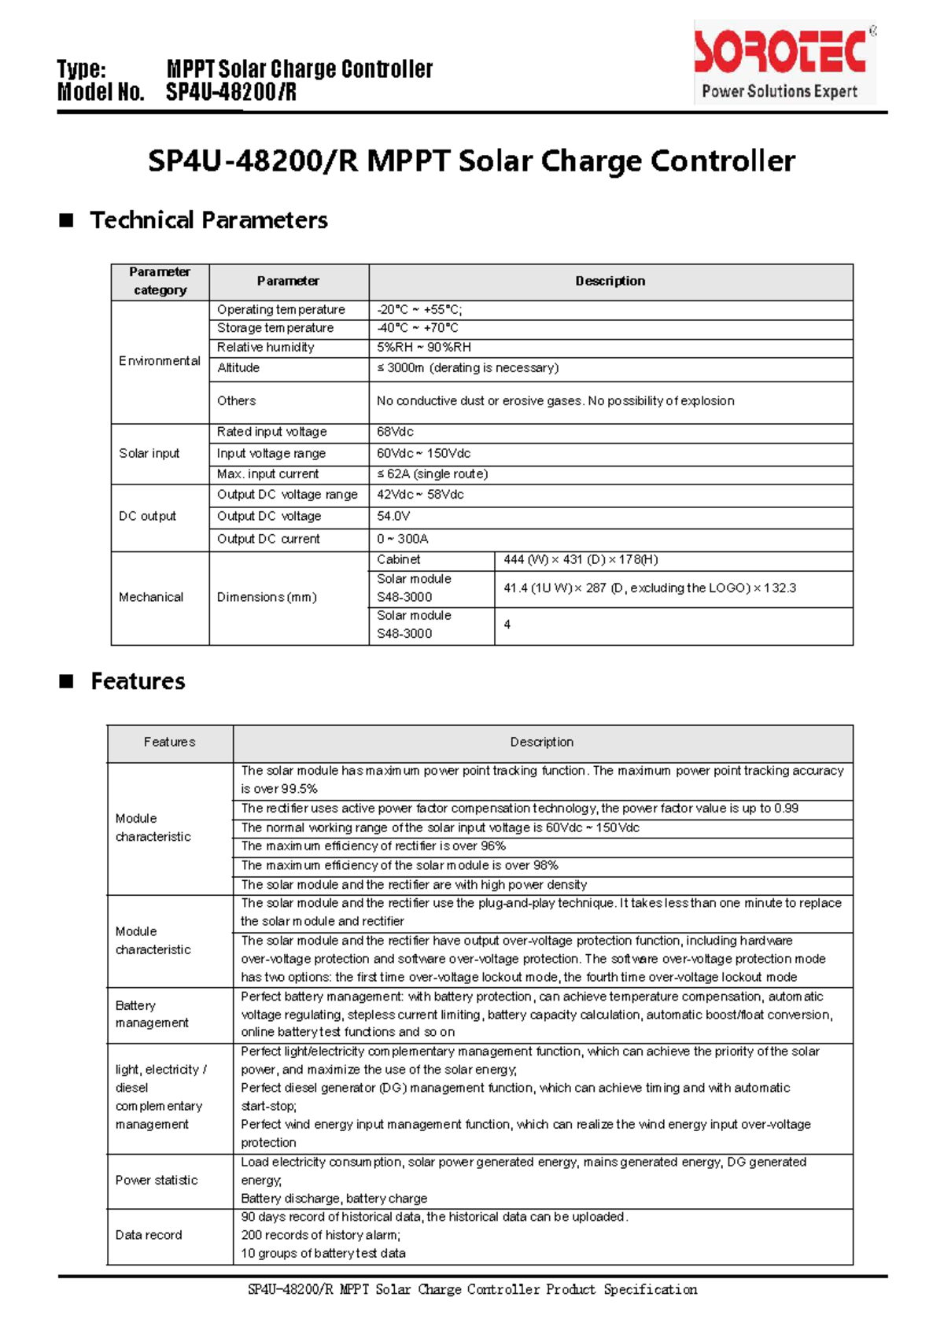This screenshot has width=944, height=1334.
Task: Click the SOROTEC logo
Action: point(784,63)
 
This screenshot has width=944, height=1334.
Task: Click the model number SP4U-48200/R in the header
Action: point(230,93)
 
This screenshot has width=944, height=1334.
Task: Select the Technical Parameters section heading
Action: point(208,220)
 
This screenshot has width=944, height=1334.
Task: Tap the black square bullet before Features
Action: point(66,681)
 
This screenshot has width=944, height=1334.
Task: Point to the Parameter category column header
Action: point(160,281)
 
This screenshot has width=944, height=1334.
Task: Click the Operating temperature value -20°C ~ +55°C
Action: point(419,310)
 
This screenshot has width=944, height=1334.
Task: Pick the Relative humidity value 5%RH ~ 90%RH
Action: point(423,348)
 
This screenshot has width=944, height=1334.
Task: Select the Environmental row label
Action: point(159,361)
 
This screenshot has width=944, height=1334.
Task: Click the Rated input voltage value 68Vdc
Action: point(395,432)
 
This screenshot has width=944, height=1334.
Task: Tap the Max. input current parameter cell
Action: point(267,474)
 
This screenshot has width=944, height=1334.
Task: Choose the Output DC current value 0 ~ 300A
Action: point(402,540)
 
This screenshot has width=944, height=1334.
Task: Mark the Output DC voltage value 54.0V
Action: point(393,517)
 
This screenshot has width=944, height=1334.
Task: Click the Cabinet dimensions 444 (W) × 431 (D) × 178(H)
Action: point(581,560)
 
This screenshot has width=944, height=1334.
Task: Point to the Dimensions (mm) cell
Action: point(267,598)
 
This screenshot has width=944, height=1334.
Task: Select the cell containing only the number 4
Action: point(507,625)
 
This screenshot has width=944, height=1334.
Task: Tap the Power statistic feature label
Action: point(156,1181)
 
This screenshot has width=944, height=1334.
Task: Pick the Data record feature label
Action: point(149,1236)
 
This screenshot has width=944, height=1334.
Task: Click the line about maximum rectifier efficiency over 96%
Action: point(374,846)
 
